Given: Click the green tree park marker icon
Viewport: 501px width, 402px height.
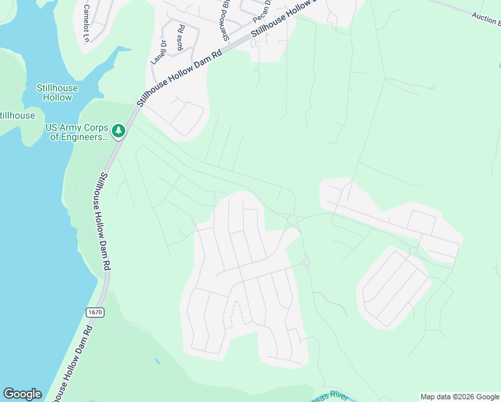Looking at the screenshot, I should tap(119, 131).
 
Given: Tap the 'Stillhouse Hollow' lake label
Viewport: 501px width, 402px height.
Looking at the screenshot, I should tap(57, 92).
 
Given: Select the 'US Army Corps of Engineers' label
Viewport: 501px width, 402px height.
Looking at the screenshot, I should tap(76, 132).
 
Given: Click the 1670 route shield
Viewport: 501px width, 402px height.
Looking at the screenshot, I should tap(94, 312).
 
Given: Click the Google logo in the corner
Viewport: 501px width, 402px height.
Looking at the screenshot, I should tap(22, 394).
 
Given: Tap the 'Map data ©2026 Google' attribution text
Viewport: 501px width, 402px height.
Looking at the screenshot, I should tap(459, 397).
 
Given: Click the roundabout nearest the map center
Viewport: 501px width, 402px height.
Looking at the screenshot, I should tap(292, 220).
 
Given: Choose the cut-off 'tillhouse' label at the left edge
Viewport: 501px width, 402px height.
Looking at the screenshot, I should tap(17, 115).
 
